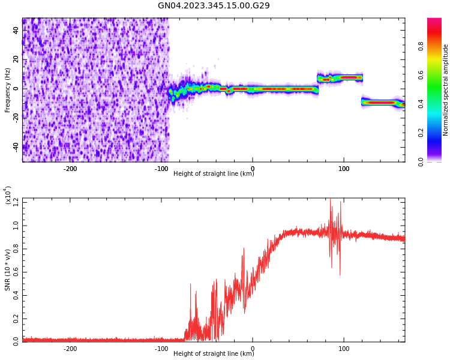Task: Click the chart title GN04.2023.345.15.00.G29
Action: pyautogui.click(x=214, y=5)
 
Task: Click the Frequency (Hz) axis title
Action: pyautogui.click(x=8, y=90)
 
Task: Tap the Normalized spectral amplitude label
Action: pyautogui.click(x=446, y=90)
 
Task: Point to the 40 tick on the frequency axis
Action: pyautogui.click(x=16, y=31)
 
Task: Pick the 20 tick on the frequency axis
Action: pyautogui.click(x=16, y=59)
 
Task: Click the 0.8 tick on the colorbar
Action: pyautogui.click(x=437, y=46)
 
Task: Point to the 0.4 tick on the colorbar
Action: pyautogui.click(x=437, y=104)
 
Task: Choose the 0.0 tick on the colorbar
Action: pyautogui.click(x=437, y=161)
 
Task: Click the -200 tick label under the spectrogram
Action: pyautogui.click(x=70, y=168)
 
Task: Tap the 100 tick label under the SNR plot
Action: pyautogui.click(x=344, y=348)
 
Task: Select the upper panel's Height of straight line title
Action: pyautogui.click(x=214, y=174)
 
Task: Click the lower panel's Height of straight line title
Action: pyautogui.click(x=214, y=354)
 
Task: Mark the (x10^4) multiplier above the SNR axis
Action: pyautogui.click(x=8, y=196)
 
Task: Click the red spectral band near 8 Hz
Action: pyautogui.click(x=348, y=77)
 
